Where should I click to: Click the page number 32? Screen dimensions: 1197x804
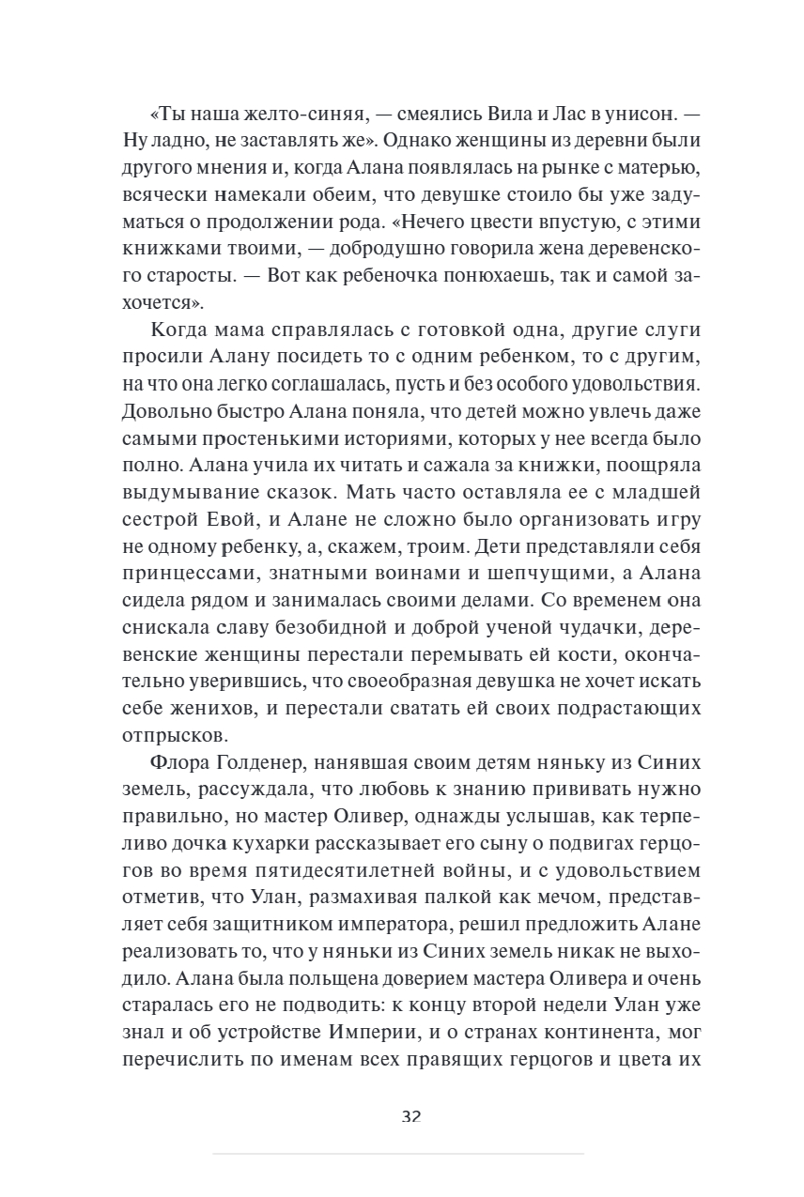coord(410,1116)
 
